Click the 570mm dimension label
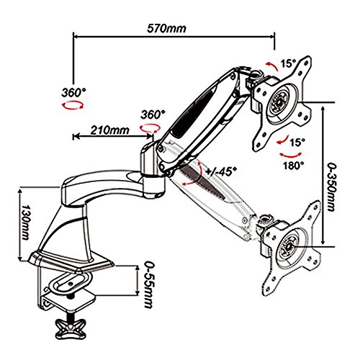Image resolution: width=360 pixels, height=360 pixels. tap(166, 29)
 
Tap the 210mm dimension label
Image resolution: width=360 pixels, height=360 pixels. tap(109, 130)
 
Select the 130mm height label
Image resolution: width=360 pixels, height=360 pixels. tap(24, 222)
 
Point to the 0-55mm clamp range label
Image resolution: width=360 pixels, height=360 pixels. tap(150, 284)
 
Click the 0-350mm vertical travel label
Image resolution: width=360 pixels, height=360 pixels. tap(332, 187)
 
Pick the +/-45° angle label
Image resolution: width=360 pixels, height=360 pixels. tap(221, 171)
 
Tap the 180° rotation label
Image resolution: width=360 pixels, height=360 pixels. tap(293, 166)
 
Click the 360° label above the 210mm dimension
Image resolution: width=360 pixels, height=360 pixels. tap(153, 114)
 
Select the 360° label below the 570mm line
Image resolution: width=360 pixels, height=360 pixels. tap(73, 92)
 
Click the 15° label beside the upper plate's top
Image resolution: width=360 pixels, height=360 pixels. tap(288, 63)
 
